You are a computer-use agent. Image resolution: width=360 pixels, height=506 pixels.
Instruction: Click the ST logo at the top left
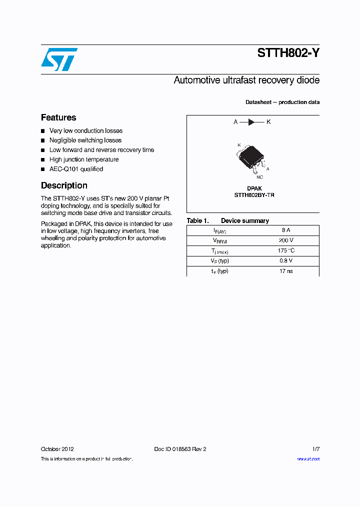point(59,59)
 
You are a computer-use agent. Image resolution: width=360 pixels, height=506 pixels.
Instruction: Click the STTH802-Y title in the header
point(288,53)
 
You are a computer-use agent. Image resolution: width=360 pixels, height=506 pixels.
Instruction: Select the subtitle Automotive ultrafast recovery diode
point(246,80)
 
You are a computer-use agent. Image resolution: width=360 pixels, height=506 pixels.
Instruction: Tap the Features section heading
point(58,117)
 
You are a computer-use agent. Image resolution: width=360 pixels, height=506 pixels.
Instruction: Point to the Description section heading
point(64,185)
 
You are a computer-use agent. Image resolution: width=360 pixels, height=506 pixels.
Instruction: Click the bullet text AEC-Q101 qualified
point(76,169)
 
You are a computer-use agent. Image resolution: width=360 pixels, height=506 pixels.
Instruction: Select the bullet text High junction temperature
point(84,159)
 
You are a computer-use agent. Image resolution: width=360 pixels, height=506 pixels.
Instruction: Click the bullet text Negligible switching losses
point(85,140)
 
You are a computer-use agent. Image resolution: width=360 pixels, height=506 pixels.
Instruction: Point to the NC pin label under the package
point(259,177)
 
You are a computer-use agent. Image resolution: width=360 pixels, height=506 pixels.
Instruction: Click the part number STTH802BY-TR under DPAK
point(254,195)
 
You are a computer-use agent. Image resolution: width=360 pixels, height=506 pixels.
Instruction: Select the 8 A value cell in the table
point(285,230)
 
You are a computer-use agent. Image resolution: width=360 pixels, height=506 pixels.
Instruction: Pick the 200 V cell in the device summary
point(285,240)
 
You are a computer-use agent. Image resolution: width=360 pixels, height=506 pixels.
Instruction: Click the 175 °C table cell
point(285,250)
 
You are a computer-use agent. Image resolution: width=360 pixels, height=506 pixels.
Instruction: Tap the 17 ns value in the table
point(285,271)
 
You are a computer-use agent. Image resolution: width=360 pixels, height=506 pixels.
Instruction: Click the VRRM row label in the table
point(220,241)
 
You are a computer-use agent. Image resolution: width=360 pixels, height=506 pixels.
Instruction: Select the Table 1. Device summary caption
point(227,220)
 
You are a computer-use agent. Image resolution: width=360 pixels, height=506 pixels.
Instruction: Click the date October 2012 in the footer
point(57,449)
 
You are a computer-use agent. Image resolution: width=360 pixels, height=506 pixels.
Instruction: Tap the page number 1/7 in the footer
point(315,449)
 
